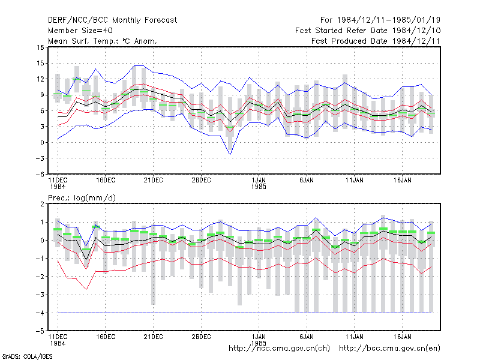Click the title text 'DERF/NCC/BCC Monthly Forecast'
point(112,20)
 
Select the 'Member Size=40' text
point(80,31)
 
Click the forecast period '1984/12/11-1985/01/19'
point(389,20)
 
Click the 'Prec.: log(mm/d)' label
point(82,198)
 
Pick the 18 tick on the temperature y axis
point(40,47)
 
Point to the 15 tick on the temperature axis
point(40,64)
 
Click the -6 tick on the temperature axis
point(40,174)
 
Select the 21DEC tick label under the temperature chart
point(153,181)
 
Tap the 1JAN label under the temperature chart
point(259,181)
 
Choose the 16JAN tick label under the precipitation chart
point(402,337)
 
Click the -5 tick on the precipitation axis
point(40,331)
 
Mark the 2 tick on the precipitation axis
point(42,204)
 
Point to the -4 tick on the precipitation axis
point(40,313)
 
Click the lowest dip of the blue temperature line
point(230,154)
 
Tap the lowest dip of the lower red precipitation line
point(86,289)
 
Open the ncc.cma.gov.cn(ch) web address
point(279,349)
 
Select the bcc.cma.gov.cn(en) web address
point(389,349)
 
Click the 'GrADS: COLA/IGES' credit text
point(27,356)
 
